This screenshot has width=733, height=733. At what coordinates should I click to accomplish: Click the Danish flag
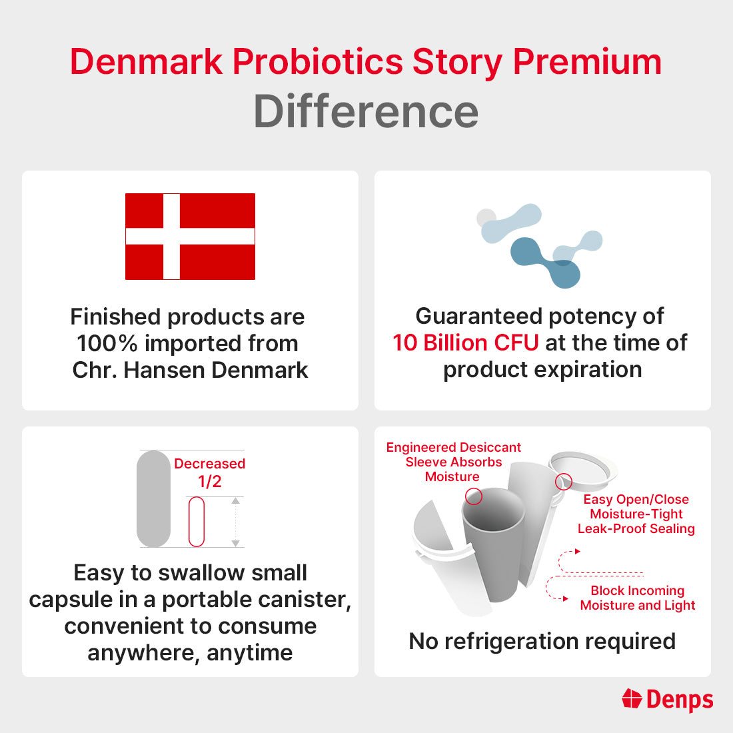tap(190, 237)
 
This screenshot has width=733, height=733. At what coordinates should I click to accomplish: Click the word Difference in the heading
tap(366, 111)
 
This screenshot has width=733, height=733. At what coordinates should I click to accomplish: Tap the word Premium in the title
tap(587, 62)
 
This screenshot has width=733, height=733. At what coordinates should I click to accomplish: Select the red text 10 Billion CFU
tap(465, 343)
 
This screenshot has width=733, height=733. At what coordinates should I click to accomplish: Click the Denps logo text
tap(680, 700)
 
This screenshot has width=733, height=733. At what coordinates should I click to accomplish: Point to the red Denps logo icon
tap(632, 698)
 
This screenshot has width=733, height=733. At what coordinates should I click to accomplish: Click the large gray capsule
tap(154, 499)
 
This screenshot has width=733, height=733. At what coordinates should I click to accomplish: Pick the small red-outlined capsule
tap(197, 522)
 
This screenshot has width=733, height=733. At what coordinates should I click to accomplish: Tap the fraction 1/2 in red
tap(210, 482)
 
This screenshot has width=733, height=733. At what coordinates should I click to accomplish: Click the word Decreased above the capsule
tap(209, 464)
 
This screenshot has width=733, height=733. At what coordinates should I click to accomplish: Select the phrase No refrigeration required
tap(542, 641)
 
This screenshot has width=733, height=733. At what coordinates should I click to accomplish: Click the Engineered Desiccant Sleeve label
tap(453, 462)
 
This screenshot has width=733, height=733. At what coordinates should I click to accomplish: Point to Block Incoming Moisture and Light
tap(637, 598)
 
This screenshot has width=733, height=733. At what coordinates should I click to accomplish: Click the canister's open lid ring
tap(584, 466)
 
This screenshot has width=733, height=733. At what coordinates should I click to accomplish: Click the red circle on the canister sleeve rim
tap(474, 496)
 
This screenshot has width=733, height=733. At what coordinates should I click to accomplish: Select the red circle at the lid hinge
tap(563, 481)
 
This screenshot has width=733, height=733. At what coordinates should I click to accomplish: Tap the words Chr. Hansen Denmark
tap(190, 370)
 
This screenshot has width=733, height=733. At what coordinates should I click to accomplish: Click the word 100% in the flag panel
tap(107, 343)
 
